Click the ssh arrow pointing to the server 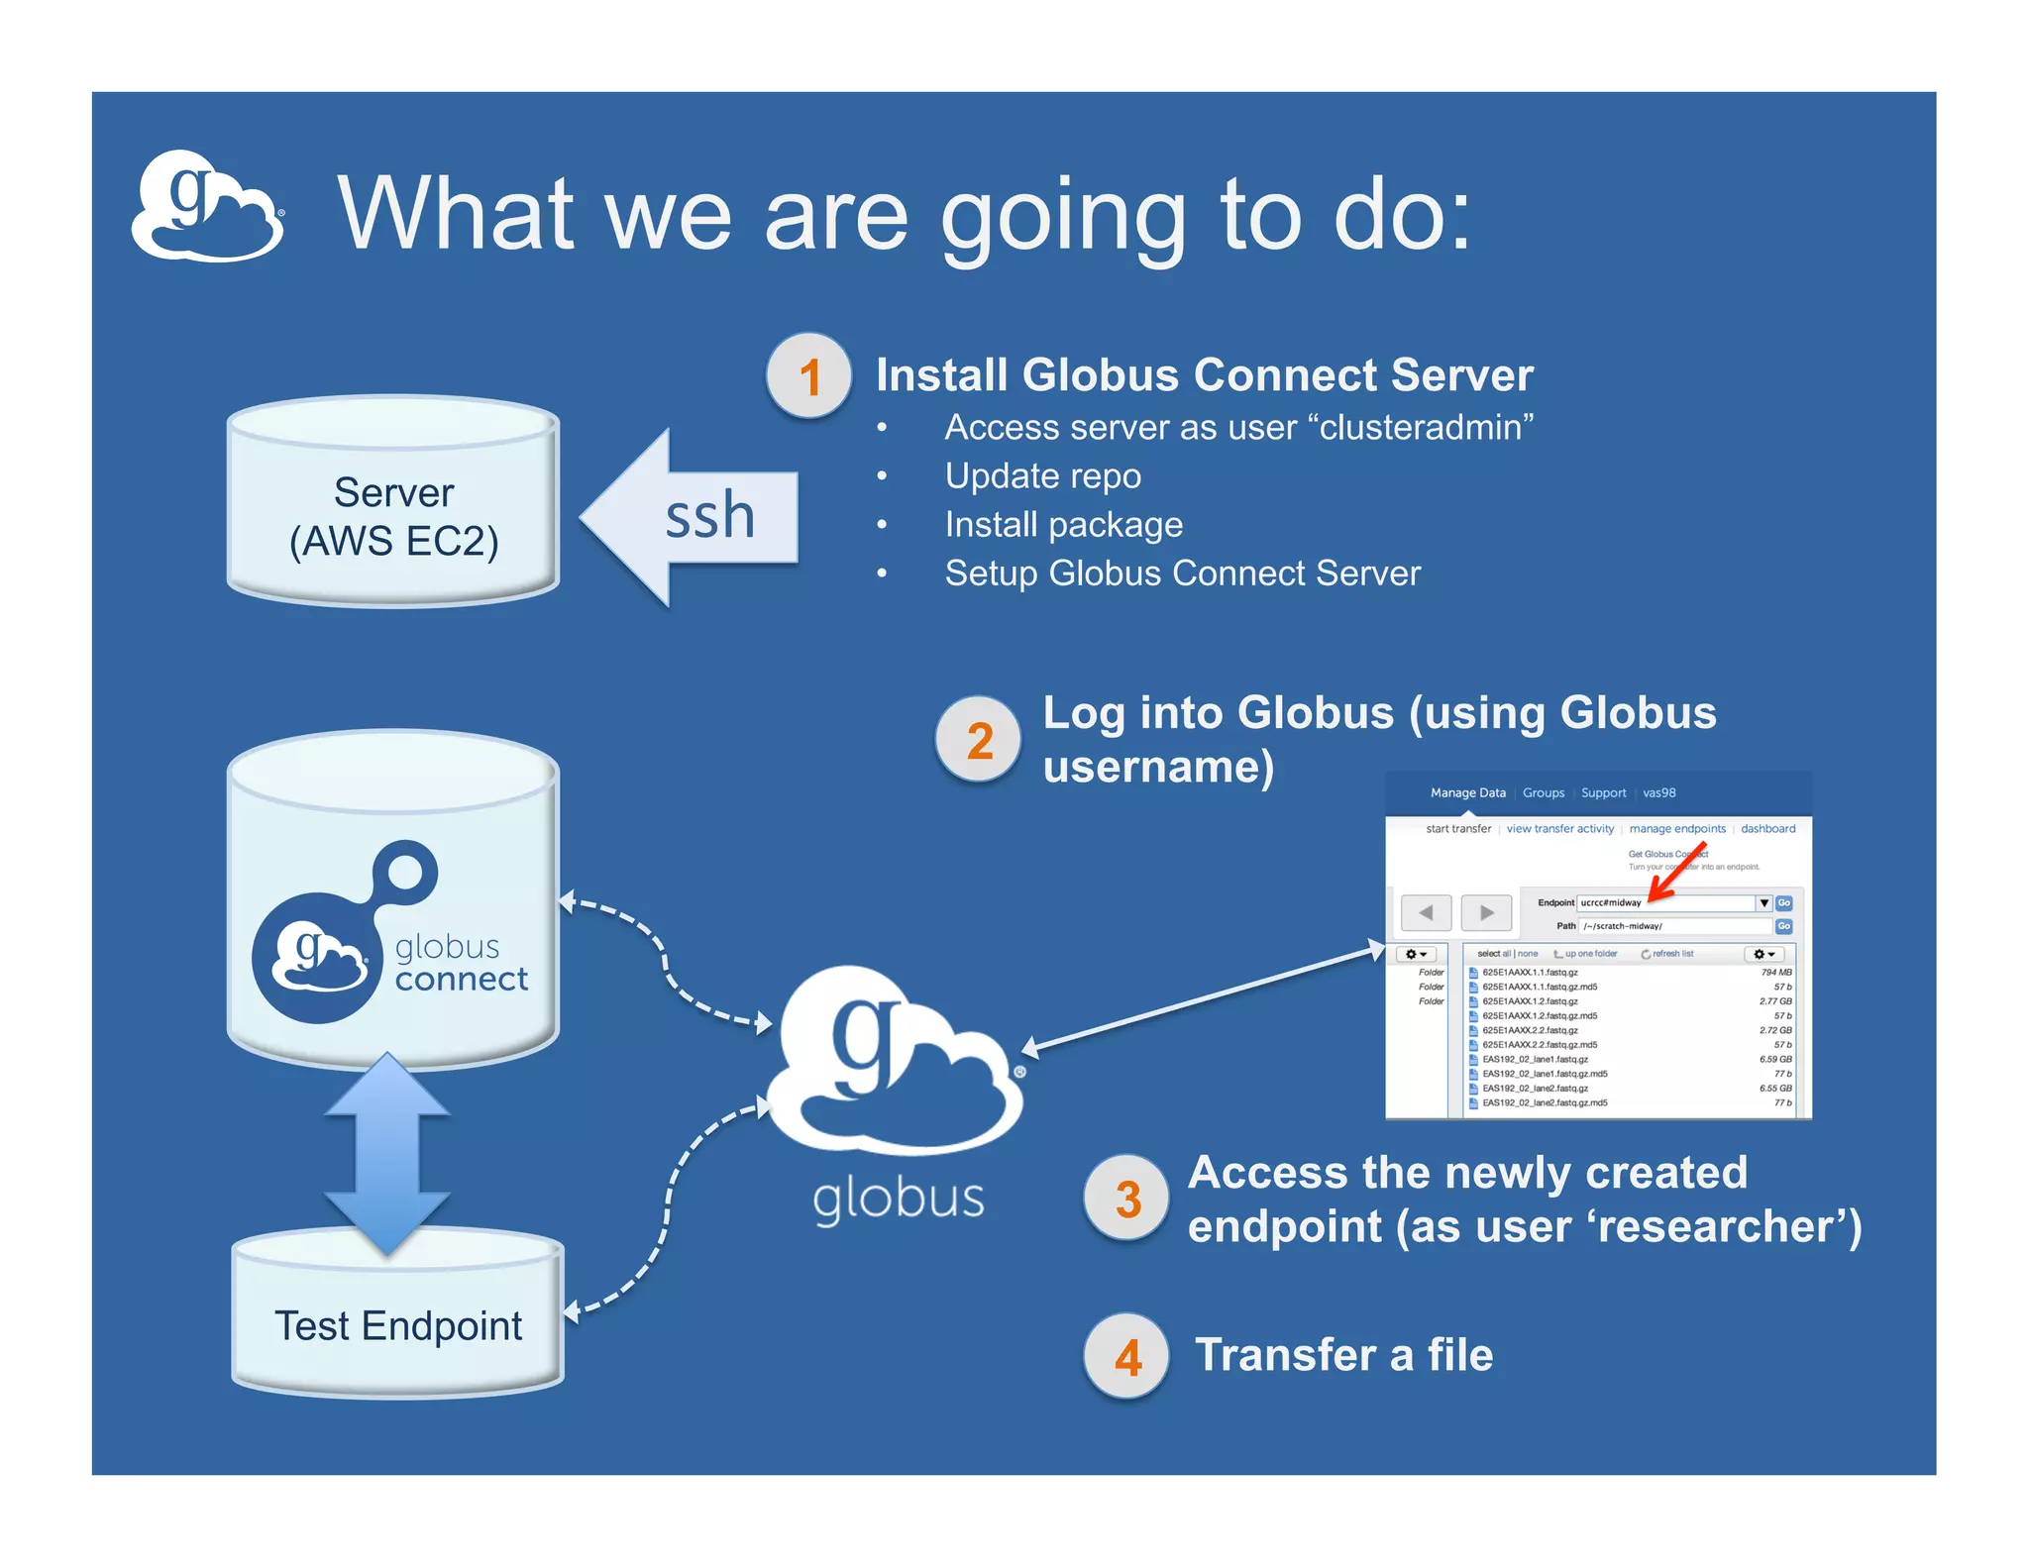tap(694, 517)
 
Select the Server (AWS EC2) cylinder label tap(393, 516)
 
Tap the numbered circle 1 tap(808, 376)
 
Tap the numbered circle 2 tap(978, 740)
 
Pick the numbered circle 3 tap(1126, 1199)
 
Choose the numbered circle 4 tap(1126, 1356)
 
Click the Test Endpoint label tap(397, 1325)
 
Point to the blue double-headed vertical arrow tap(387, 1154)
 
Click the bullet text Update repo tap(1042, 476)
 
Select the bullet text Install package tap(1063, 525)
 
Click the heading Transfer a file tap(1343, 1355)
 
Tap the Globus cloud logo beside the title tap(208, 207)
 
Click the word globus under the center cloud tap(898, 1199)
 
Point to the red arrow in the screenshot tap(1677, 873)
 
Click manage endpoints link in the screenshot tap(1676, 829)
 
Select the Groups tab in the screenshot tap(1543, 793)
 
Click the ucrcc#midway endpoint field tap(1664, 902)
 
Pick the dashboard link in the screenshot tap(1767, 829)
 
